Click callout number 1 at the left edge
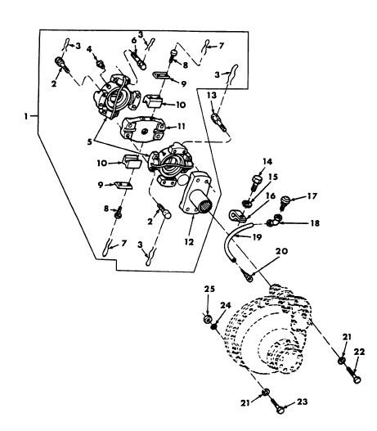tap(26, 116)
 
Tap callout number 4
tap(89, 49)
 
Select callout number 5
tap(90, 141)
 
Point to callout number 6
tap(134, 41)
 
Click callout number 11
tap(181, 127)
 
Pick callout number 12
tap(189, 242)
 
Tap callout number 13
tap(212, 96)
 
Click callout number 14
tap(267, 161)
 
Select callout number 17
tap(312, 196)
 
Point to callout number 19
tap(258, 237)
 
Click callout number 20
tap(281, 251)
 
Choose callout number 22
tap(359, 352)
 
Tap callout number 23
tap(302, 402)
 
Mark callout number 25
tap(209, 290)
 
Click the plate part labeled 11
tap(141, 128)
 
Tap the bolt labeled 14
tap(257, 182)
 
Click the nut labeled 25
tap(208, 320)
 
